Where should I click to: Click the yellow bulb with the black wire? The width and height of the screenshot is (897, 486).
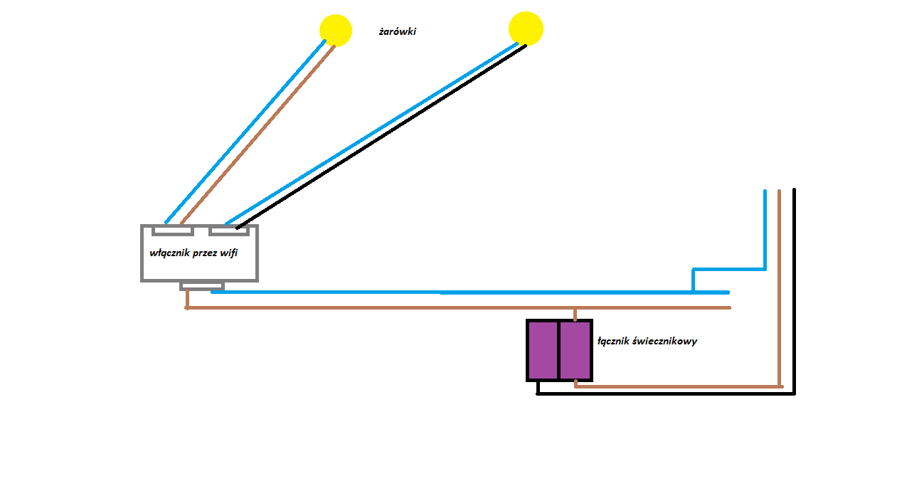(x=526, y=28)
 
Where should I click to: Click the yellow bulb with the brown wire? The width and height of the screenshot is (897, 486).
(x=336, y=31)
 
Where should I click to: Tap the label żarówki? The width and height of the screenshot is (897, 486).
(x=397, y=31)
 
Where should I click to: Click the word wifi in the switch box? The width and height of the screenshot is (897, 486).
(x=228, y=253)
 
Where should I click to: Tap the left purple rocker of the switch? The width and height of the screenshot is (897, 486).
(x=543, y=351)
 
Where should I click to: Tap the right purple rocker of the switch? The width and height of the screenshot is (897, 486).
(x=575, y=351)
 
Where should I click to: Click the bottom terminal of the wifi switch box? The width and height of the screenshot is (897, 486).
(x=202, y=286)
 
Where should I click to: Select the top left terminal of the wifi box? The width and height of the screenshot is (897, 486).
(x=173, y=231)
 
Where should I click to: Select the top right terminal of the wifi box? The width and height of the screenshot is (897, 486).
(x=229, y=231)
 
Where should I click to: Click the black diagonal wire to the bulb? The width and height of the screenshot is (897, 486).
(x=381, y=137)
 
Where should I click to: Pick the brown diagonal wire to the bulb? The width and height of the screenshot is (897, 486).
(x=258, y=135)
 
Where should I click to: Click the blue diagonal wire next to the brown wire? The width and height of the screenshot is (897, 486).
(x=245, y=132)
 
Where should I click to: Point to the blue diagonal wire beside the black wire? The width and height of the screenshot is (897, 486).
(x=371, y=134)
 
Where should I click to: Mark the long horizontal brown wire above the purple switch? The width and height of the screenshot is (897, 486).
(x=457, y=307)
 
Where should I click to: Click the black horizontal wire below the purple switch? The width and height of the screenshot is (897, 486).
(x=666, y=393)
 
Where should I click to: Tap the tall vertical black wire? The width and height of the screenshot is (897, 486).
(x=794, y=291)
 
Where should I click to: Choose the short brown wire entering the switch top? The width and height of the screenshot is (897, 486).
(x=575, y=315)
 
